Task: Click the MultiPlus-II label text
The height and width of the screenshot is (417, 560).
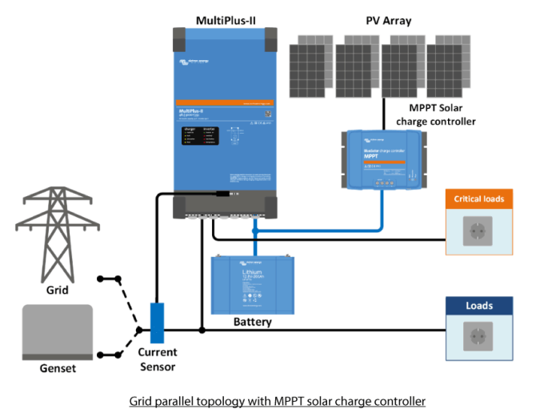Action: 226,18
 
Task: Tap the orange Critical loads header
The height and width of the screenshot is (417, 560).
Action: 478,198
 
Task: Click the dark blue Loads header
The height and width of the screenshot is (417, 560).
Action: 478,305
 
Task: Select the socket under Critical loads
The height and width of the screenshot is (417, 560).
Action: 478,231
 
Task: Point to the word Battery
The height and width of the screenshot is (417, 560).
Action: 252,323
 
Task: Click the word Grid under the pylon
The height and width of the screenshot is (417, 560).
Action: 56,290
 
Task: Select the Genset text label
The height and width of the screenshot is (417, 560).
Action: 57,368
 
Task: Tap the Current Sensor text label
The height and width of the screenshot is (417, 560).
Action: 157,359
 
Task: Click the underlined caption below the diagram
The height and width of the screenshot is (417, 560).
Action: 277,400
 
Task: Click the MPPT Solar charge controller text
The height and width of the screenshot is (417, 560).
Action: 436,114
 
